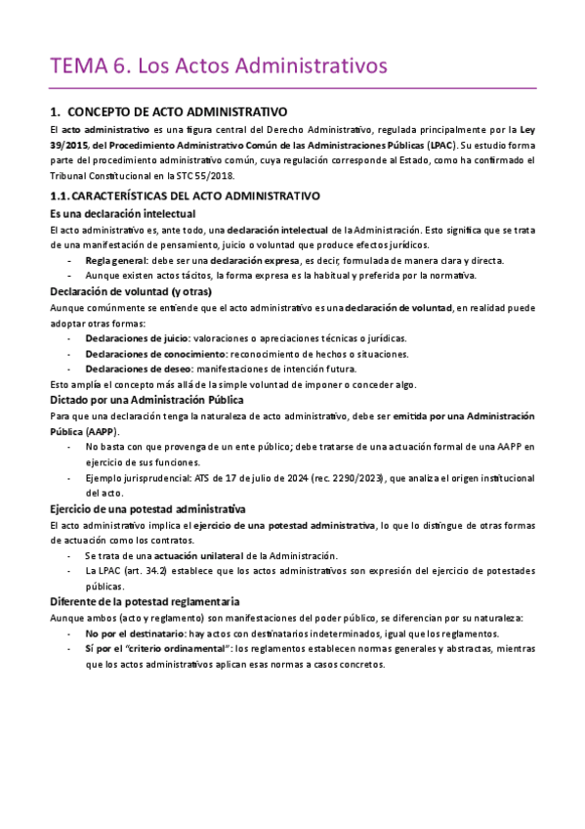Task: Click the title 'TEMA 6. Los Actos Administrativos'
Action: [219, 66]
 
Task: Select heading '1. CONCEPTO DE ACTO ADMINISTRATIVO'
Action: [168, 112]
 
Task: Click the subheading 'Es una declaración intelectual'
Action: [122, 213]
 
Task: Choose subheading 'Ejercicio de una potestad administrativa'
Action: [146, 509]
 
